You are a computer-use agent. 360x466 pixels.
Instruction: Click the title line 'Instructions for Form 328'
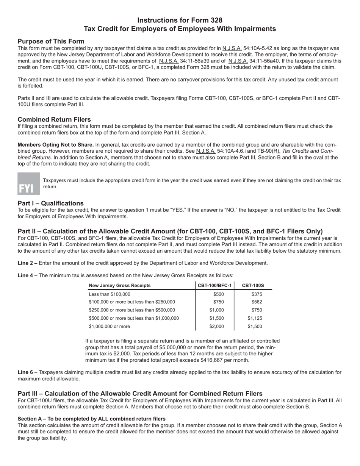point(180,20)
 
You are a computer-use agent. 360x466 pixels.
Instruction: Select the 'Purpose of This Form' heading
point(51,41)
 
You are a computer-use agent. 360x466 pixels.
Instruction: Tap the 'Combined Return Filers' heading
point(54,119)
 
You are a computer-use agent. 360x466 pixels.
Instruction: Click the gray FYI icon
point(28,184)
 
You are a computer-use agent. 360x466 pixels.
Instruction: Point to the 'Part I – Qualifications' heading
point(50,203)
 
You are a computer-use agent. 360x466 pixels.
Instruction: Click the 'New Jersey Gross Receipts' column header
point(119,285)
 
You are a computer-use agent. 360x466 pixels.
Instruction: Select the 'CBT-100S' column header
point(253,285)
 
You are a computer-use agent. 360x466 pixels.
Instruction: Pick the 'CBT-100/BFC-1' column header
point(214,285)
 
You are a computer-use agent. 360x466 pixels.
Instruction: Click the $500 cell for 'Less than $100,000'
point(219,294)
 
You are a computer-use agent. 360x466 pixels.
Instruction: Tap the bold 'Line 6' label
point(25,372)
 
